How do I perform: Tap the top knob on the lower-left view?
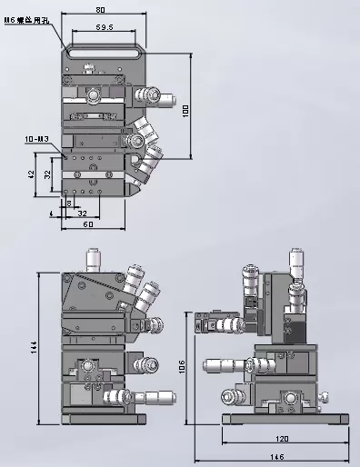coord(91,258)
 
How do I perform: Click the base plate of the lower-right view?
coord(286,419)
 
